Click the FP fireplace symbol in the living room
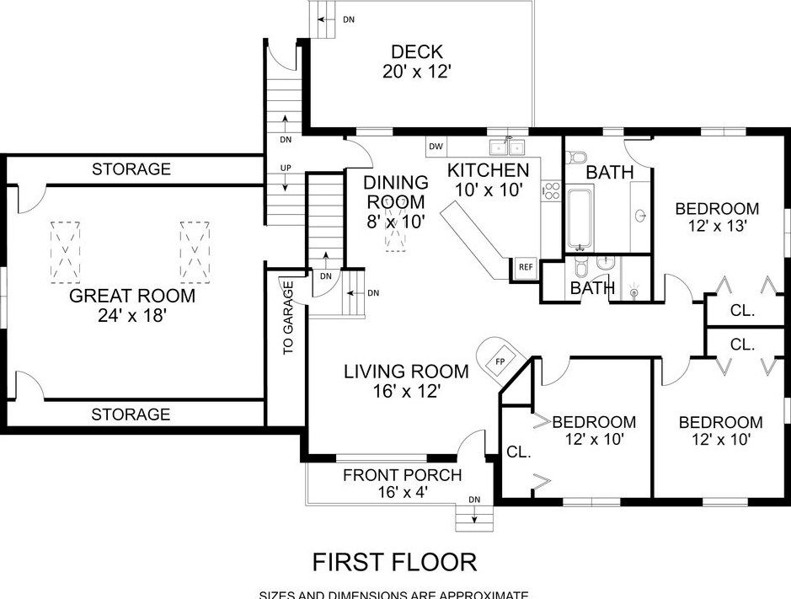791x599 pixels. coord(498,360)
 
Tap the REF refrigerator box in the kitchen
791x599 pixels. coord(526,267)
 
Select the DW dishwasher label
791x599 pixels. coord(436,147)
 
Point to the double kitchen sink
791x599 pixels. coord(510,147)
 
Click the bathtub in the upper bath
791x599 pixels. coord(580,218)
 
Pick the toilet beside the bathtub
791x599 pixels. coord(577,158)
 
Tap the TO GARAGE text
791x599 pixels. coord(287,318)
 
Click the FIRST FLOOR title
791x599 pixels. coord(394,561)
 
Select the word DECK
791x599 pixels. coord(412,52)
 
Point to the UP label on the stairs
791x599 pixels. coord(286,168)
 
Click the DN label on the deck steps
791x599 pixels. coord(348,18)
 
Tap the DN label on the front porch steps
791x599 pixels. coord(474,500)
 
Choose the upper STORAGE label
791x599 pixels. coord(131,169)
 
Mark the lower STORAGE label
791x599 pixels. coord(131,414)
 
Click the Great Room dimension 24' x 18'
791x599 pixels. coord(131,317)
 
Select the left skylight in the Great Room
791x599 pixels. coord(65,252)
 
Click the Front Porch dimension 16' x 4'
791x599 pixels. coord(402,493)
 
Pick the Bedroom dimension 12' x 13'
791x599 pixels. coord(717,226)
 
